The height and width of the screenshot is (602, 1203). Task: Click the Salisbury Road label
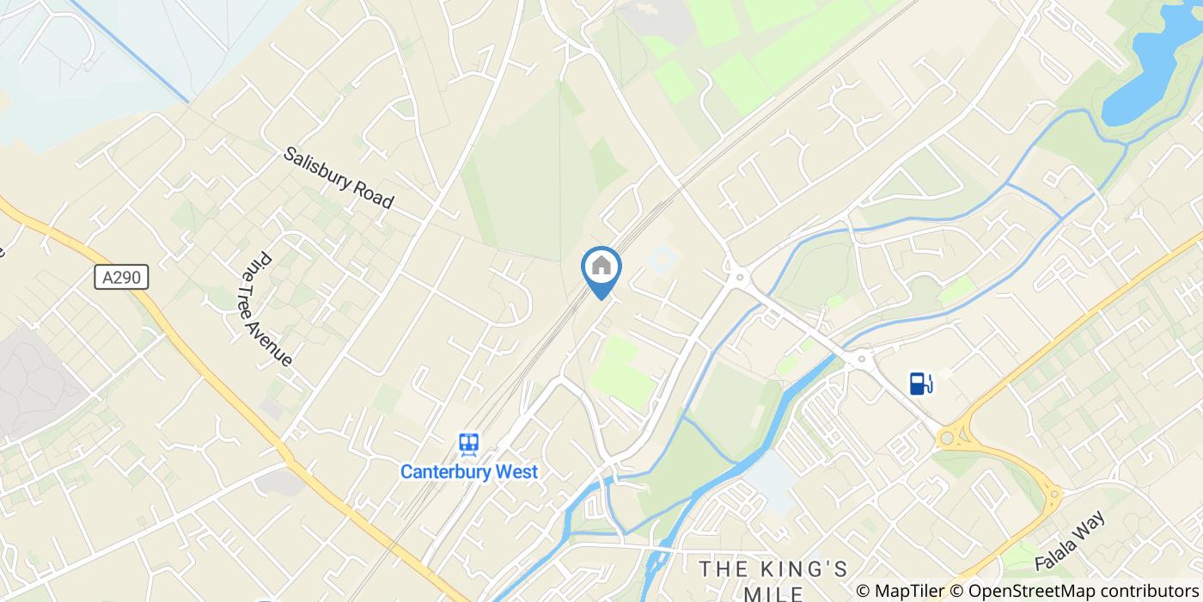point(339,178)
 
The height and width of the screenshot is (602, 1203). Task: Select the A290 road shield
point(121,277)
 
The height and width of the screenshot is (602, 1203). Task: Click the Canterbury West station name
point(469,471)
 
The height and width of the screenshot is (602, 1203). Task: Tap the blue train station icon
point(468,444)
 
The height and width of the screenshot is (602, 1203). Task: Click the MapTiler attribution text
point(911,590)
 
